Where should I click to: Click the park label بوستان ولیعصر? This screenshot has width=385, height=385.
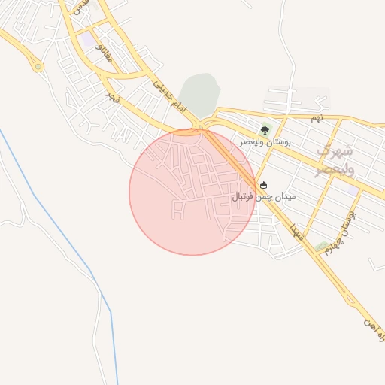pyautogui.click(x=265, y=141)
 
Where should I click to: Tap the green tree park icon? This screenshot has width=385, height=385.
pyautogui.click(x=264, y=130)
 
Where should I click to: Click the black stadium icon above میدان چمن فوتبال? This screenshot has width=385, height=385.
pyautogui.click(x=263, y=185)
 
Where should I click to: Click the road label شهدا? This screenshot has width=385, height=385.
pyautogui.click(x=299, y=233)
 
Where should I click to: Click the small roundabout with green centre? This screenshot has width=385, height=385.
pyautogui.click(x=38, y=66)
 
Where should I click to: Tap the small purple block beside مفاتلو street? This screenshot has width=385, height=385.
pyautogui.click(x=89, y=38)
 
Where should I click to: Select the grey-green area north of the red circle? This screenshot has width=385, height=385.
pyautogui.click(x=200, y=95)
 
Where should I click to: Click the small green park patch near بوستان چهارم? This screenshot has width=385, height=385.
pyautogui.click(x=322, y=246)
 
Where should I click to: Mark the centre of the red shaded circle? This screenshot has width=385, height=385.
pyautogui.click(x=192, y=192)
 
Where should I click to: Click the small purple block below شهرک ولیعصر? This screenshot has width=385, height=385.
pyautogui.click(x=352, y=190)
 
